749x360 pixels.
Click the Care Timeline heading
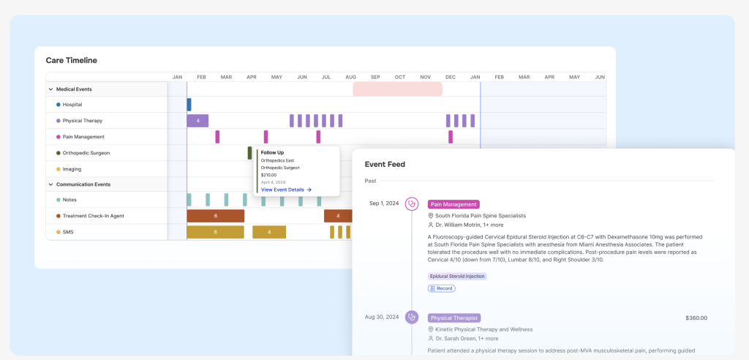click(72, 60)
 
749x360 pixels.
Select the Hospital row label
click(72, 105)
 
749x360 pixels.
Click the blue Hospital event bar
click(189, 105)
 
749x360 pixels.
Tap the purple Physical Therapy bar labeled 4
click(197, 121)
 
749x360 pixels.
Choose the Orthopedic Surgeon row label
click(86, 153)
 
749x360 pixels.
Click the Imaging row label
click(72, 169)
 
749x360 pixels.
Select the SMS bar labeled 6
click(215, 232)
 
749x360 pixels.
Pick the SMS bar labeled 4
click(269, 232)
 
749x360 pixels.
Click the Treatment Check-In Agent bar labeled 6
click(215, 216)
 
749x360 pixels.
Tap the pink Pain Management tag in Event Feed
click(453, 204)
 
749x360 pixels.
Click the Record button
click(442, 288)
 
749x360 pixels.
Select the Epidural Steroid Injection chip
click(457, 276)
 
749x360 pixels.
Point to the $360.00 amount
click(696, 318)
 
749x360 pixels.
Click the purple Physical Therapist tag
click(454, 318)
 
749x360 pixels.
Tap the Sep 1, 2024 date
click(384, 203)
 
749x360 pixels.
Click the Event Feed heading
click(385, 164)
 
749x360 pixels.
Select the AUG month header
click(350, 77)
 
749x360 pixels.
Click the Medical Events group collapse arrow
click(50, 89)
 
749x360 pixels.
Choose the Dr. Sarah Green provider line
click(467, 339)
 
